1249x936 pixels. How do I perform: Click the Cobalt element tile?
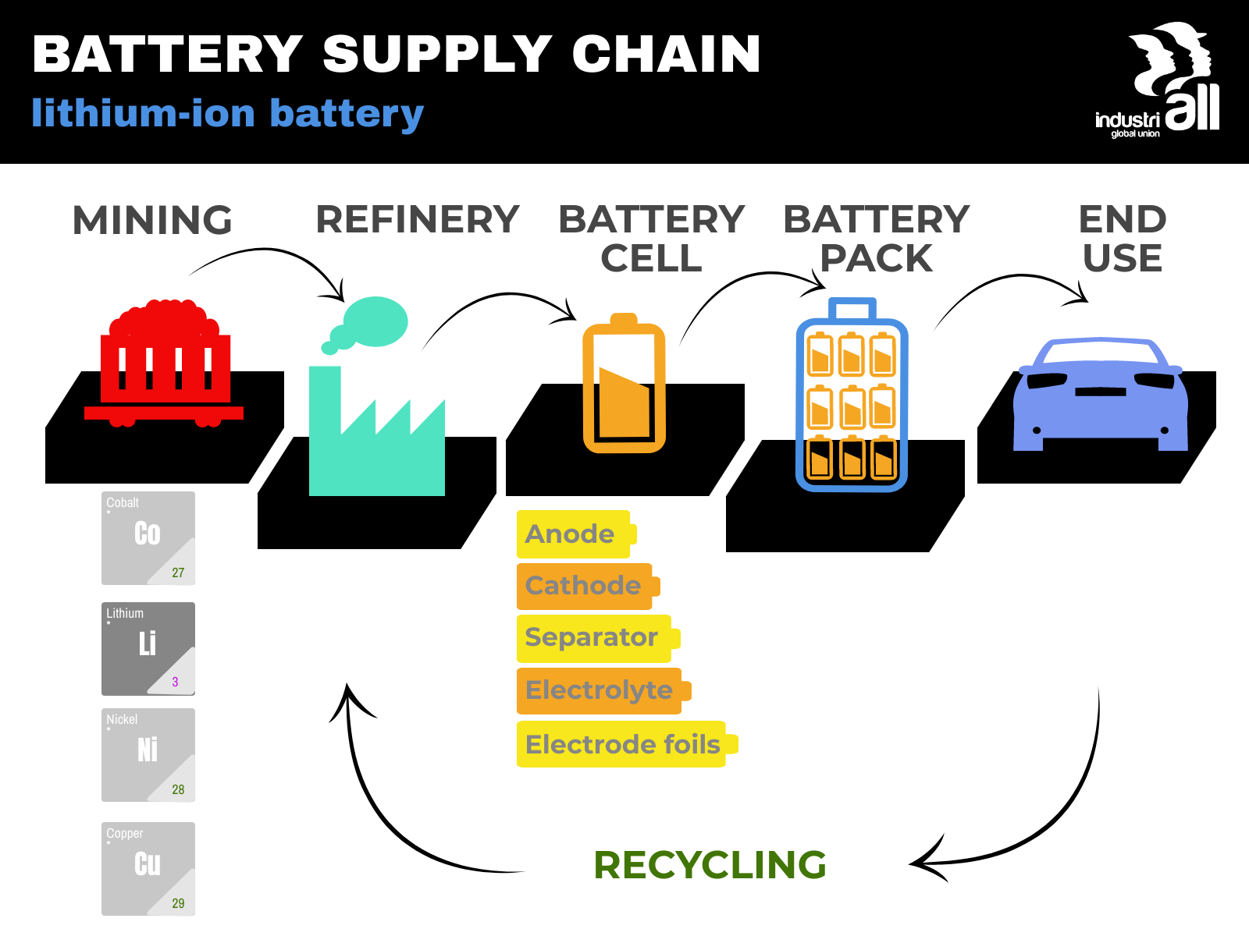click(148, 538)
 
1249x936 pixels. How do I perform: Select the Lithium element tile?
click(148, 648)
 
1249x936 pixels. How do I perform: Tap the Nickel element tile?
click(148, 755)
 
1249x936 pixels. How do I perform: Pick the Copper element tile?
click(148, 868)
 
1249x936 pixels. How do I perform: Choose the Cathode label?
click(584, 586)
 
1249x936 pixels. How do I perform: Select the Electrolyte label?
click(600, 690)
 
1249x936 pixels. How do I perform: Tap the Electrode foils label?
click(622, 744)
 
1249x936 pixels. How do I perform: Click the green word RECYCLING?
click(710, 865)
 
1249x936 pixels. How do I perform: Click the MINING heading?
click(152, 220)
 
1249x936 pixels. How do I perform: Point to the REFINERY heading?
click(417, 219)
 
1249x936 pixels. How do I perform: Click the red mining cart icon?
click(165, 362)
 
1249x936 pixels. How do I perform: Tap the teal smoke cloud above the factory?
click(375, 321)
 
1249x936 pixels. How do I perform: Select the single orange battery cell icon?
click(624, 385)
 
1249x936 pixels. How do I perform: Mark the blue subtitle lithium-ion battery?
click(227, 113)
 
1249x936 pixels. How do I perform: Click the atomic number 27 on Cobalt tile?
click(178, 573)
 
